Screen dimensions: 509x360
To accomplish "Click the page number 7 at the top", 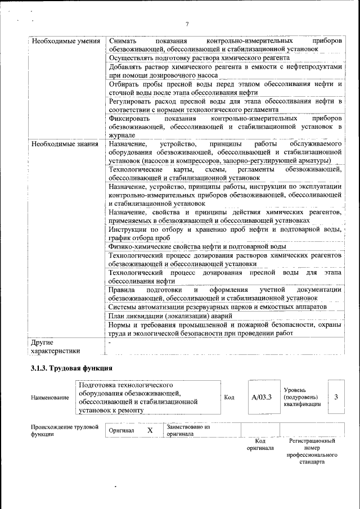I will (187, 24).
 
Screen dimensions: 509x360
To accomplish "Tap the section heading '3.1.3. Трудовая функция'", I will (71, 368).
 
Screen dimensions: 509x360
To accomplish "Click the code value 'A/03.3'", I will (262, 397).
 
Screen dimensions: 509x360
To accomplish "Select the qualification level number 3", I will (336, 397).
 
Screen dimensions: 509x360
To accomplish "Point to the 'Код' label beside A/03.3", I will (229, 398).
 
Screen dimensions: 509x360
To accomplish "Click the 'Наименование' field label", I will (51, 398).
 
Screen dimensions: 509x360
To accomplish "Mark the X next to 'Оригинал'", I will (150, 430).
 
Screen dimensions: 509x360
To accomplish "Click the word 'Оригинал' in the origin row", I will (121, 431).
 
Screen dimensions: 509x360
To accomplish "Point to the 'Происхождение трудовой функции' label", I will (61, 430).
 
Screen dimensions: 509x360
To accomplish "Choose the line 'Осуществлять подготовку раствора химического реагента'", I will (199, 58).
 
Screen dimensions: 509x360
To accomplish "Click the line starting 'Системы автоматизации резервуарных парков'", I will (217, 307).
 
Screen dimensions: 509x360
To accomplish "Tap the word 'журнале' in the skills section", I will (122, 136).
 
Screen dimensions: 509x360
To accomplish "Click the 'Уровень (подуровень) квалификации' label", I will (303, 397).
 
